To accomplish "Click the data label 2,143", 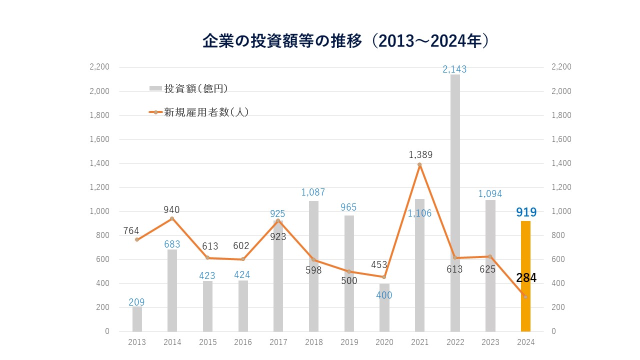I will pyautogui.click(x=454, y=69).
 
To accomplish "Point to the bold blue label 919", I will pyautogui.click(x=526, y=212).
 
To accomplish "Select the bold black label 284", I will pyautogui.click(x=526, y=278).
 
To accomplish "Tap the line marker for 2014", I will pyautogui.click(x=172, y=218).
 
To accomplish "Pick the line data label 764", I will pyautogui.click(x=131, y=231).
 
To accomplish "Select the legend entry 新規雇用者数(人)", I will pyautogui.click(x=199, y=112).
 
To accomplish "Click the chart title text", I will pyautogui.click(x=345, y=41).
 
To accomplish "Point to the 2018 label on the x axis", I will pyautogui.click(x=313, y=342).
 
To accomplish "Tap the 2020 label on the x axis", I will pyautogui.click(x=384, y=342).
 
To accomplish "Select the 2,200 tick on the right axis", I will pyautogui.click(x=561, y=67).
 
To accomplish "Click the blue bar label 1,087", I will pyautogui.click(x=313, y=192).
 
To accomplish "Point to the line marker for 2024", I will pyautogui.click(x=525, y=297).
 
